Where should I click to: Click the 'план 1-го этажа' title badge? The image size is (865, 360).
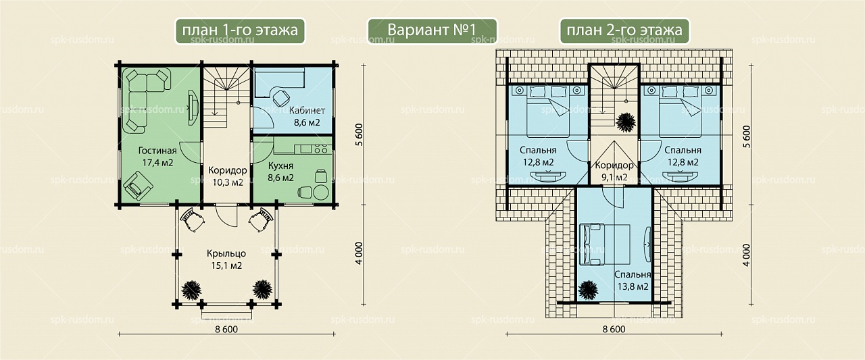coord(240,30)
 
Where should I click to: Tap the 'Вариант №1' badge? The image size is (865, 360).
coord(432,30)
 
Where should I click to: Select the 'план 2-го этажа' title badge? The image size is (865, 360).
coord(624,30)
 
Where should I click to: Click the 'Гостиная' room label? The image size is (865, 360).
coord(157,151)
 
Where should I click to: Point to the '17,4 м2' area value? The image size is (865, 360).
coord(157,163)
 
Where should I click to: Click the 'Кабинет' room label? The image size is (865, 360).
coord(307,110)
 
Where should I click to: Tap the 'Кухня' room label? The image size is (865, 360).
coord(280,165)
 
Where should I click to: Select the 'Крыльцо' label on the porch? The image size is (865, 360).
coord(226,253)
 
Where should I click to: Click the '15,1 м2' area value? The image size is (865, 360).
coord(226,265)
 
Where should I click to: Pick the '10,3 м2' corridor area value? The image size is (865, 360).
coord(228,182)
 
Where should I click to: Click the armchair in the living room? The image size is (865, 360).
coord(138,186)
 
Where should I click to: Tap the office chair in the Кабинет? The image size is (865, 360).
coord(281,98)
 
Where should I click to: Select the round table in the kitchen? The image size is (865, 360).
coord(321,192)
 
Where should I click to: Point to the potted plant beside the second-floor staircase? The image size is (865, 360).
coord(626,123)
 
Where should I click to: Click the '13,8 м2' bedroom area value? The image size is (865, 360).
coord(633,286)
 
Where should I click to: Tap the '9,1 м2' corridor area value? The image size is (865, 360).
coord(614,178)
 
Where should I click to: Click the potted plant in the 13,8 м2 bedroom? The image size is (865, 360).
coord(588,290)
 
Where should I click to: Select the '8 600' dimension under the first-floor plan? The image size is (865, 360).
coord(226,329)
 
